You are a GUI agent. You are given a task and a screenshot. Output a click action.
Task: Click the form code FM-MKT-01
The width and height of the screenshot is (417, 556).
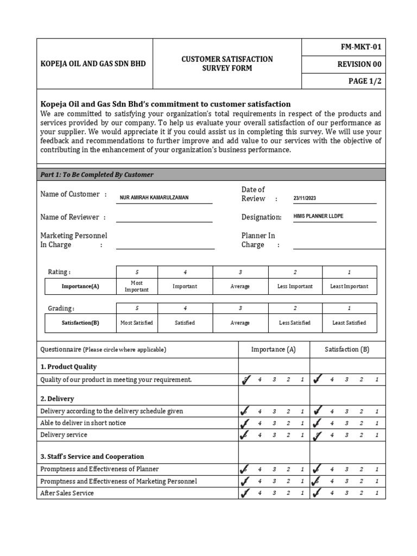click(x=360, y=47)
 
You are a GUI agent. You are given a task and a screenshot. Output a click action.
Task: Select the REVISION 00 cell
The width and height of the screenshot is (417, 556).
click(x=359, y=65)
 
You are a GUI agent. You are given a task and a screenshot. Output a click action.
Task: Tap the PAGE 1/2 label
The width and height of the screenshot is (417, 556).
click(x=365, y=81)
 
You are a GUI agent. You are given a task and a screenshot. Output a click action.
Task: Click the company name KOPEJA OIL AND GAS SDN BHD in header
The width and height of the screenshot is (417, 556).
click(x=93, y=64)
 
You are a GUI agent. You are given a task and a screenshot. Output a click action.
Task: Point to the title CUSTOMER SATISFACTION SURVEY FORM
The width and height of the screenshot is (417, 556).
click(x=227, y=64)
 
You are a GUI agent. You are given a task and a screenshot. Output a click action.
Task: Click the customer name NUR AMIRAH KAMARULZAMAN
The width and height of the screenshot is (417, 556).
click(x=154, y=198)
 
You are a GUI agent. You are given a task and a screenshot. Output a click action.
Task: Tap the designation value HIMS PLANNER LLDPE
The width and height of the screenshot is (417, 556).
click(x=318, y=216)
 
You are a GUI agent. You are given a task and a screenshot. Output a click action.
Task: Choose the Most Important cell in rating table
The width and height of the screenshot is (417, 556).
click(x=136, y=286)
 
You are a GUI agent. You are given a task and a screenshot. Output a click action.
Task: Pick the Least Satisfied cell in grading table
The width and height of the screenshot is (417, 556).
click(x=349, y=323)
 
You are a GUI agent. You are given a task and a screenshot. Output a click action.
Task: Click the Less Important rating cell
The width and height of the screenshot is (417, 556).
click(x=295, y=286)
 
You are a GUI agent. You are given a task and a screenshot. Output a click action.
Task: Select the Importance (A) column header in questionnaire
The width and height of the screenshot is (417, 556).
click(x=273, y=350)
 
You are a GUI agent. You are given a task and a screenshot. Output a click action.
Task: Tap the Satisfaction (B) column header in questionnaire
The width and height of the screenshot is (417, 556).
click(x=347, y=350)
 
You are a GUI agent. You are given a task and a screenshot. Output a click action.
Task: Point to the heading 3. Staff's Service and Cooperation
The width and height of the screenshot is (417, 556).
click(x=92, y=457)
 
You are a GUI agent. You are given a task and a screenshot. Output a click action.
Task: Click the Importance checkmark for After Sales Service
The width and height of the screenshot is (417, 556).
click(x=245, y=493)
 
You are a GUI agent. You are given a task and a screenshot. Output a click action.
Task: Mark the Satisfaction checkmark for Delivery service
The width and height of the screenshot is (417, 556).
click(x=318, y=435)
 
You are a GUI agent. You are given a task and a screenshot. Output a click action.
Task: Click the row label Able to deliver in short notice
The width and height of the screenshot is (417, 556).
click(x=83, y=423)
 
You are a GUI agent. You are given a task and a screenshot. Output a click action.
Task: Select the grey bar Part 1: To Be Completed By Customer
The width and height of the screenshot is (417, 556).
click(x=211, y=174)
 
